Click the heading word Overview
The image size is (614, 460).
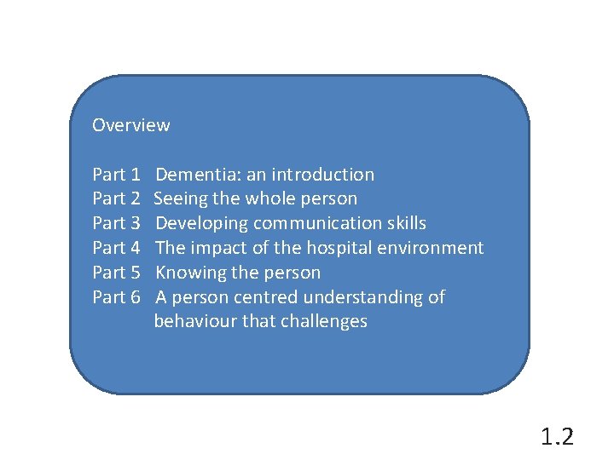click(130, 125)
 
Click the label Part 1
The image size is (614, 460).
click(116, 175)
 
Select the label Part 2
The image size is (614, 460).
click(116, 198)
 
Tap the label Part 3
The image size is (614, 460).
click(116, 223)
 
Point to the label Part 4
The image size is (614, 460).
click(116, 248)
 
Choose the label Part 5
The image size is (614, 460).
click(116, 273)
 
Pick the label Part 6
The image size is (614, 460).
click(116, 297)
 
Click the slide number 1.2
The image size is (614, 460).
click(557, 437)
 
